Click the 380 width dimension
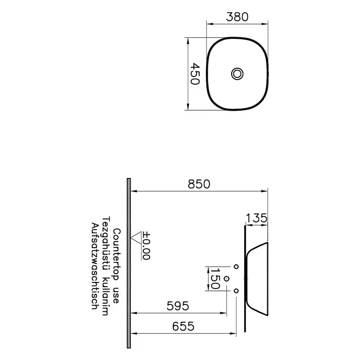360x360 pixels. tap(237, 17)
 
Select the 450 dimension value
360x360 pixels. tap(195, 73)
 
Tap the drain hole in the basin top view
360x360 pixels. tap(237, 74)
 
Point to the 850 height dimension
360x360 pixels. tap(199, 184)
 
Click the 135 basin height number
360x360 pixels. tap(257, 218)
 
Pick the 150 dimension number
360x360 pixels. tap(215, 278)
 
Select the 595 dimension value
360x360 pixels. tap(178, 306)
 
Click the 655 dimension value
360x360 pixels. tap(183, 326)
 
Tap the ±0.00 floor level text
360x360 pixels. tap(146, 246)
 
